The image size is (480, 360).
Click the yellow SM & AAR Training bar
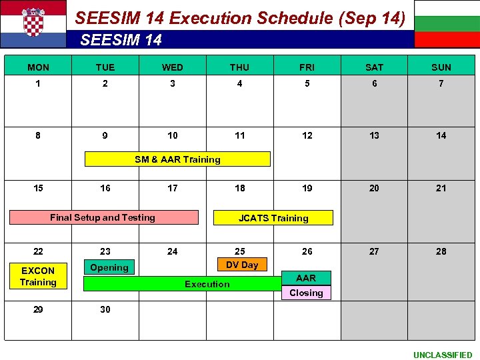click(x=177, y=159)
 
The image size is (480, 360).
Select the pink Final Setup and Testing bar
click(x=103, y=217)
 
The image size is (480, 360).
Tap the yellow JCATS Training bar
click(x=273, y=218)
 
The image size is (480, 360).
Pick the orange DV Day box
click(x=242, y=265)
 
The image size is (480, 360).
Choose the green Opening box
click(x=109, y=267)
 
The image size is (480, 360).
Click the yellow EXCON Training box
click(x=38, y=276)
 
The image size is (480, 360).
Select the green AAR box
click(x=306, y=278)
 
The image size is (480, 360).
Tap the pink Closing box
click(x=306, y=293)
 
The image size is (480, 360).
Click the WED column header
click(x=173, y=67)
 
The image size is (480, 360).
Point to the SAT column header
click(x=375, y=67)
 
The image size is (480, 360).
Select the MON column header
click(x=38, y=67)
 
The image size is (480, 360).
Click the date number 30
click(x=105, y=309)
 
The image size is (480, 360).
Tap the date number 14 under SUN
click(x=441, y=135)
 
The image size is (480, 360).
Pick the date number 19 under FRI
click(x=307, y=188)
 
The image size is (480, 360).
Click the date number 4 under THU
click(x=239, y=83)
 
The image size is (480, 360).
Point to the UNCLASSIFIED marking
click(x=443, y=355)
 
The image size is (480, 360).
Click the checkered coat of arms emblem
click(x=33, y=22)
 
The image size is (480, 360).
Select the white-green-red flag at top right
click(x=447, y=24)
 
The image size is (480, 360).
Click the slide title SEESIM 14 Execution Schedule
click(x=240, y=18)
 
